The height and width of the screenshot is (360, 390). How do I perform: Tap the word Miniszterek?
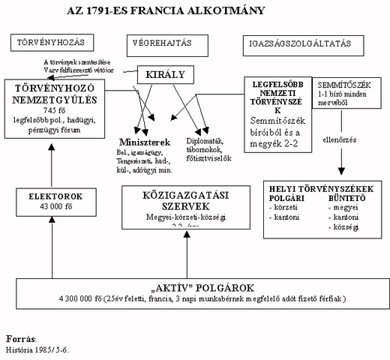point(145,142)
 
